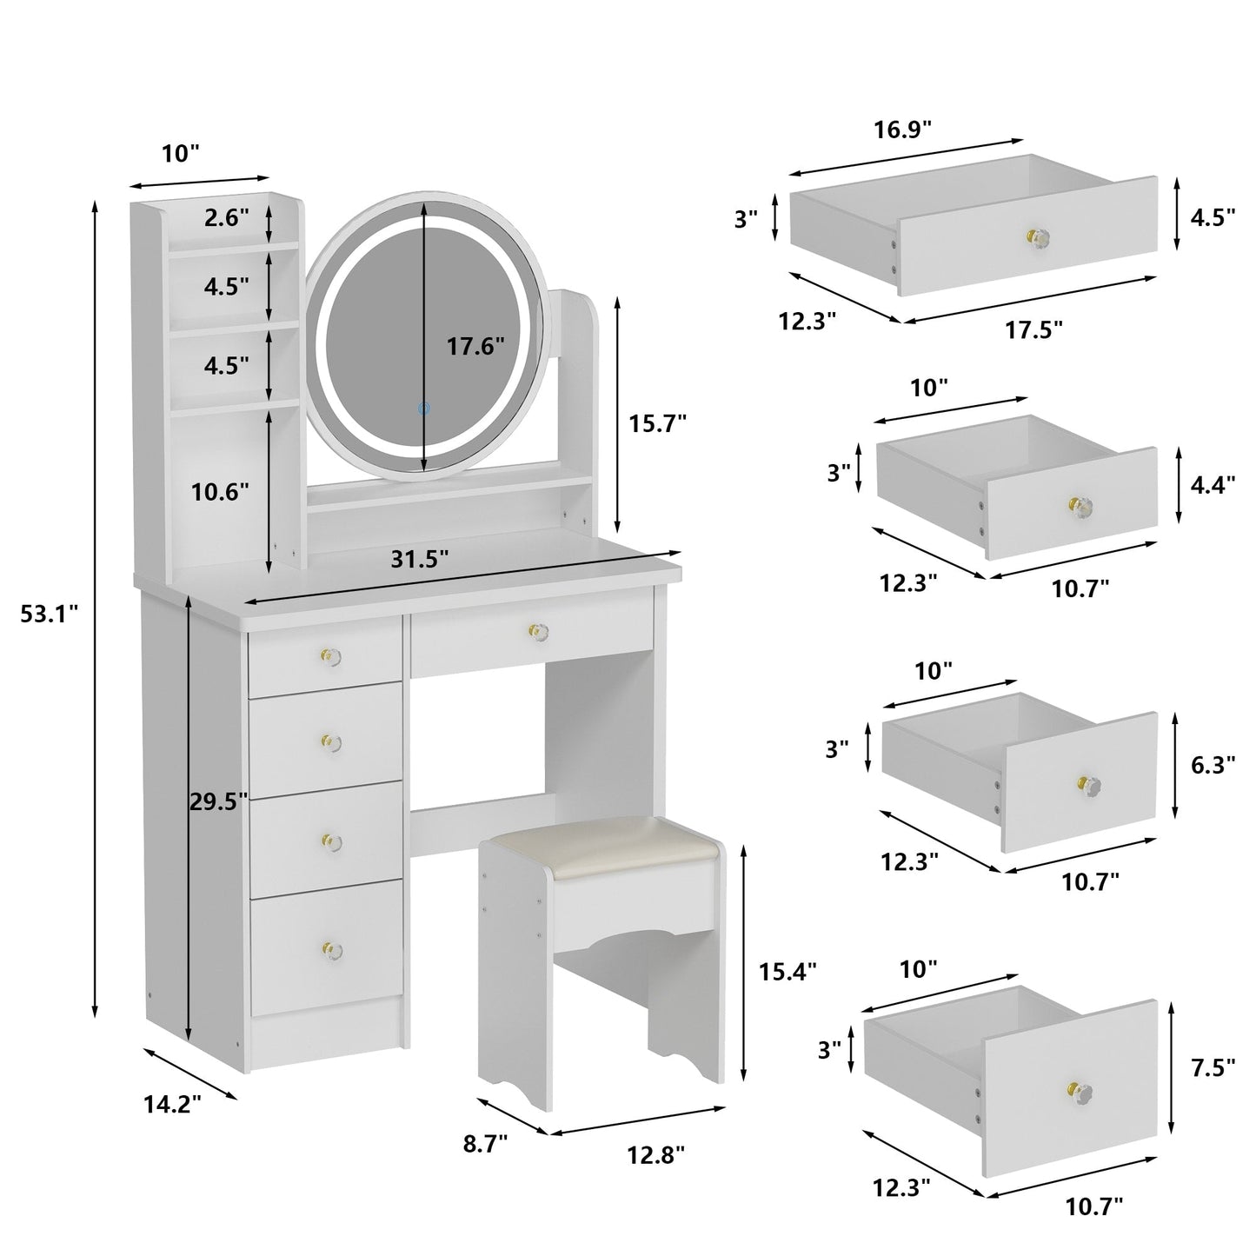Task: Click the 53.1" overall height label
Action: (50, 615)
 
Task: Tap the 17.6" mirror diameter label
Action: (475, 347)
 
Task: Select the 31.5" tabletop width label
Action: (420, 561)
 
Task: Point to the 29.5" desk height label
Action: (219, 801)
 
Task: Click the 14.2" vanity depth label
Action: (172, 1104)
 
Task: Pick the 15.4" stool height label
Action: (787, 971)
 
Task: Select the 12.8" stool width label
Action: (656, 1155)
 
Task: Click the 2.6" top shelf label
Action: (227, 218)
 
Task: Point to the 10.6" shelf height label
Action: (220, 492)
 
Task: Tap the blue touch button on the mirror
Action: (423, 407)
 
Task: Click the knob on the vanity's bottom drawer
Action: (329, 948)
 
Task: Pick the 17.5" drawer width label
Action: (1034, 329)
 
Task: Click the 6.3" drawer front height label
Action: (1213, 765)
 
